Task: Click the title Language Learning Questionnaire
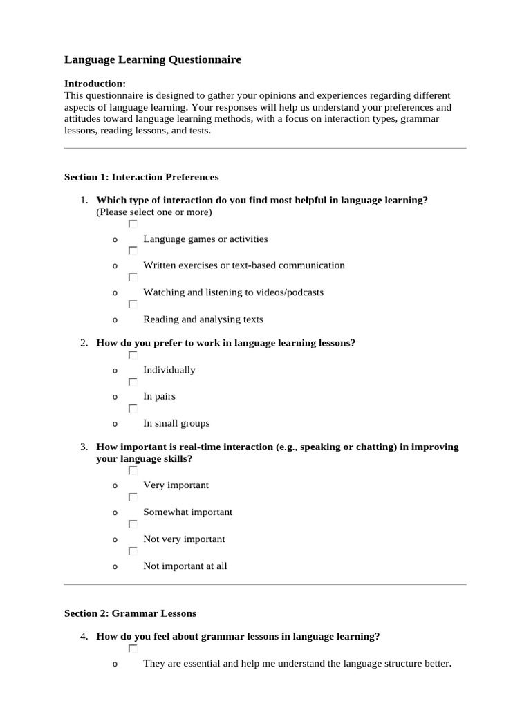click(x=153, y=60)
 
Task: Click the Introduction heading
click(x=95, y=84)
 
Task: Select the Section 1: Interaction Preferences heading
click(x=141, y=177)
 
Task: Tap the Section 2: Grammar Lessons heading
click(x=130, y=613)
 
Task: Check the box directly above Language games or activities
click(x=133, y=225)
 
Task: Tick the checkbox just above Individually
click(x=133, y=355)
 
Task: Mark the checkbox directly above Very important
click(x=133, y=471)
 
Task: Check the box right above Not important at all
click(x=133, y=552)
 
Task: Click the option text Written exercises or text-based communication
click(x=243, y=265)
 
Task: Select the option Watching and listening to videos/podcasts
click(x=233, y=292)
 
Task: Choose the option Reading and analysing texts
click(x=203, y=319)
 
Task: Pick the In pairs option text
click(x=159, y=397)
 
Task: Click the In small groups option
click(x=176, y=424)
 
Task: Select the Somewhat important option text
click(x=187, y=512)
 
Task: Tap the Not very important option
click(x=184, y=539)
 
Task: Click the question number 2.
click(x=83, y=343)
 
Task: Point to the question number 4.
click(x=83, y=636)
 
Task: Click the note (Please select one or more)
click(x=154, y=212)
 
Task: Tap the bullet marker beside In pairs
click(x=115, y=398)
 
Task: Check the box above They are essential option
click(x=133, y=649)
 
